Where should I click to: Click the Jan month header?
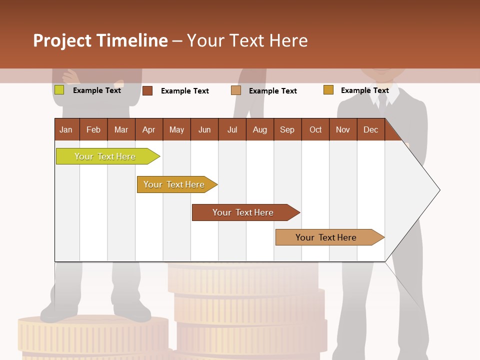[x=66, y=129]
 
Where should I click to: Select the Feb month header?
[x=93, y=129]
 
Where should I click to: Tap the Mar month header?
[x=121, y=129]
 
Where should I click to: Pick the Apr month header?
[x=149, y=129]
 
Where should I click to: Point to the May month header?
[x=176, y=129]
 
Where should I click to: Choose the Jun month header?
[x=204, y=129]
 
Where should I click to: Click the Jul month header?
[x=232, y=129]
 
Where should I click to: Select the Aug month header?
[x=260, y=129]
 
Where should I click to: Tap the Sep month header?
[x=287, y=129]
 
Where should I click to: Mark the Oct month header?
[x=315, y=129]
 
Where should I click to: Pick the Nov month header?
[x=343, y=129]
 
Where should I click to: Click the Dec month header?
[x=371, y=129]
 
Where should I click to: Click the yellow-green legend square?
[x=59, y=90]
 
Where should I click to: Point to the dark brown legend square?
[x=147, y=90]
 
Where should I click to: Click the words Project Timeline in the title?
[x=100, y=40]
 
